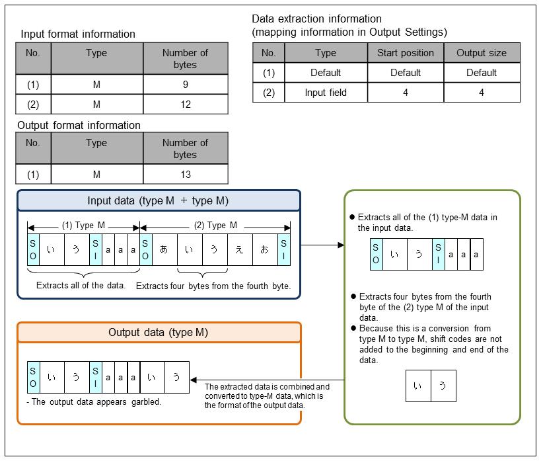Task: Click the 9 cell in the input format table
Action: point(186,84)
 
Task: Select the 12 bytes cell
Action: point(186,104)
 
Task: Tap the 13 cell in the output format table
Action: point(186,174)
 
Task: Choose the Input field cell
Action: point(326,93)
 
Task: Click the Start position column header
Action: point(406,53)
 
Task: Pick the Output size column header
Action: point(482,53)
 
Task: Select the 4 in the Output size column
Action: point(482,93)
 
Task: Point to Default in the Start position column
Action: point(406,73)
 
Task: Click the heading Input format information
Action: point(78,34)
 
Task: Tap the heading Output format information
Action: point(81,125)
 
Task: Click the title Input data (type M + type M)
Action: point(159,201)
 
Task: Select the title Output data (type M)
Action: point(159,332)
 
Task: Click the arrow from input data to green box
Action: point(322,245)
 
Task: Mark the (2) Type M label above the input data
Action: point(215,225)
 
